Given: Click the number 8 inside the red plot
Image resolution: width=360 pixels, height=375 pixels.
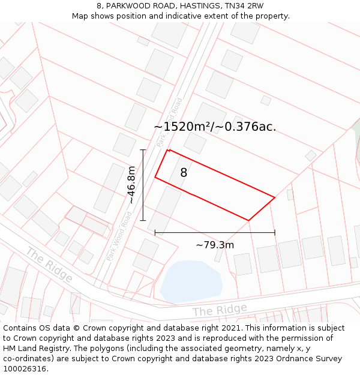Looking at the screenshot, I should point(184,173).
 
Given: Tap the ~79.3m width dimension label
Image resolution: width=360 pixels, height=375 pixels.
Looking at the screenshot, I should point(215,245).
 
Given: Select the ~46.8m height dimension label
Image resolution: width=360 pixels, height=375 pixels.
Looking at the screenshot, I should point(131,185).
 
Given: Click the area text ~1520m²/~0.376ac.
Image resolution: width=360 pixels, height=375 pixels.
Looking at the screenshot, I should point(215,127).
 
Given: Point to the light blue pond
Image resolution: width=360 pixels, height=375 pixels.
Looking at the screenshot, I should point(191,281).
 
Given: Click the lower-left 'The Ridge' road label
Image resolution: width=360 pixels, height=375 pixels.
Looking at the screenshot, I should point(49,265).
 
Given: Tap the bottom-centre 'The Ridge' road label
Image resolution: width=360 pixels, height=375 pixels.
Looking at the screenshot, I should point(220,310).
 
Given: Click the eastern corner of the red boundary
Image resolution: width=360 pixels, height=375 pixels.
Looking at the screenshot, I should point(275,197).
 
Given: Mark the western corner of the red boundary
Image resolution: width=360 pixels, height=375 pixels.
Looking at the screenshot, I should point(155,177).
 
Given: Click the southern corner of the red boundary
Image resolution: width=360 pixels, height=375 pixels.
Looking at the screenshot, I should point(248,220).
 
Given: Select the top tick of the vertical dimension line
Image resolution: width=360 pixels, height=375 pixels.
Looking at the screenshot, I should point(143,149).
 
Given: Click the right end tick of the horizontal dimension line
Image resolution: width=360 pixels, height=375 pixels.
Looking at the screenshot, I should point(275,232).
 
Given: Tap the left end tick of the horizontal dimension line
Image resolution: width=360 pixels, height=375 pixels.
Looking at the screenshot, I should point(155,232).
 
